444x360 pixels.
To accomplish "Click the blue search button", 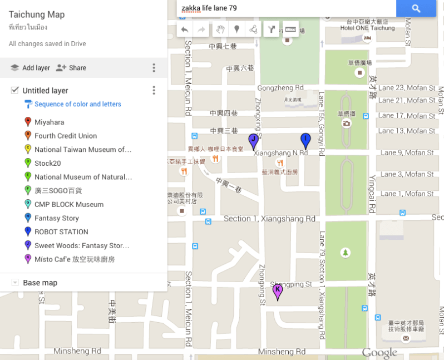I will click(416, 8).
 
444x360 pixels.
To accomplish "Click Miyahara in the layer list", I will click(49, 122).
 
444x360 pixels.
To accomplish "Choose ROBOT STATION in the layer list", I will click(61, 232).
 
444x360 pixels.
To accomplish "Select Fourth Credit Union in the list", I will click(65, 136).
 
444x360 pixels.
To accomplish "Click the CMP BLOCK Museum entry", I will click(68, 204).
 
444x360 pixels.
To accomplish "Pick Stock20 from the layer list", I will click(47, 163).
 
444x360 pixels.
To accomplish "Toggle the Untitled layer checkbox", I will click(15, 90).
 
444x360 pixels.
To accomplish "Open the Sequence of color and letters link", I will click(77, 104).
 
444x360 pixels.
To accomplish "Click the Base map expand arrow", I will click(15, 283).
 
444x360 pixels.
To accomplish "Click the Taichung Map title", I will click(37, 14).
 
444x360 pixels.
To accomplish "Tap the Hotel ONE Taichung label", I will click(367, 28).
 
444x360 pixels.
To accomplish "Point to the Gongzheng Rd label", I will click(280, 88).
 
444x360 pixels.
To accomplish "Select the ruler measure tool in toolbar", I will click(290, 29).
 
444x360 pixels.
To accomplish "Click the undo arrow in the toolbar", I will click(185, 29).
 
